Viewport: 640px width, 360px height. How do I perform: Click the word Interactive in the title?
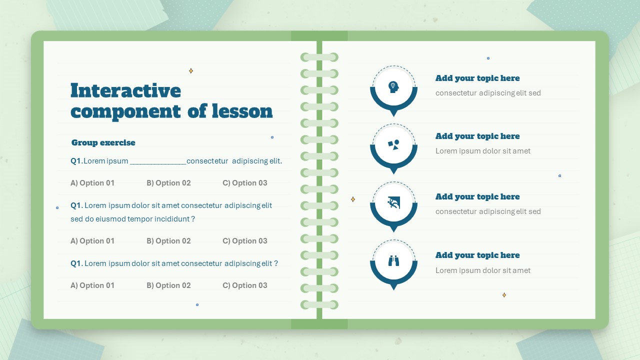125,90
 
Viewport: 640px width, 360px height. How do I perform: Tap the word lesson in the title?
242,111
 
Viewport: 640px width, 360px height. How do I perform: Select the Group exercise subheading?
103,142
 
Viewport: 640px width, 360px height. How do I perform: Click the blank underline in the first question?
158,163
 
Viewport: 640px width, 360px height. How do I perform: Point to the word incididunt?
172,219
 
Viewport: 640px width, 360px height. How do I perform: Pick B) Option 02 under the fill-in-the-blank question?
168,183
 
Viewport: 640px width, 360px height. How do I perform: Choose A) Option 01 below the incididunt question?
92,241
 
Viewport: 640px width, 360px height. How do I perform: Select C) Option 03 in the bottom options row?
245,285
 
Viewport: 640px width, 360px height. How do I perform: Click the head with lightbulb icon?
393,87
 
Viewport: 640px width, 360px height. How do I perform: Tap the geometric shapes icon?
393,145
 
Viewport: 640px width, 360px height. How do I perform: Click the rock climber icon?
393,203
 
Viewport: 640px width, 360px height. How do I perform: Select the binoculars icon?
393,261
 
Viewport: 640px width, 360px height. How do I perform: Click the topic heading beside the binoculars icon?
477,255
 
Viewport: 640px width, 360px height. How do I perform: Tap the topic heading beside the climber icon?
477,196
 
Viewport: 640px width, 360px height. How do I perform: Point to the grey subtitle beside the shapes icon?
483,151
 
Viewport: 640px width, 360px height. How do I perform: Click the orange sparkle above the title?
191,70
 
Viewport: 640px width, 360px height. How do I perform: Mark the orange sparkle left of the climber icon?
353,199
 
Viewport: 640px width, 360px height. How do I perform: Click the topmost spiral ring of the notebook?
319,57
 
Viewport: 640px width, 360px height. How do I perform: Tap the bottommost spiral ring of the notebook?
319,305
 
